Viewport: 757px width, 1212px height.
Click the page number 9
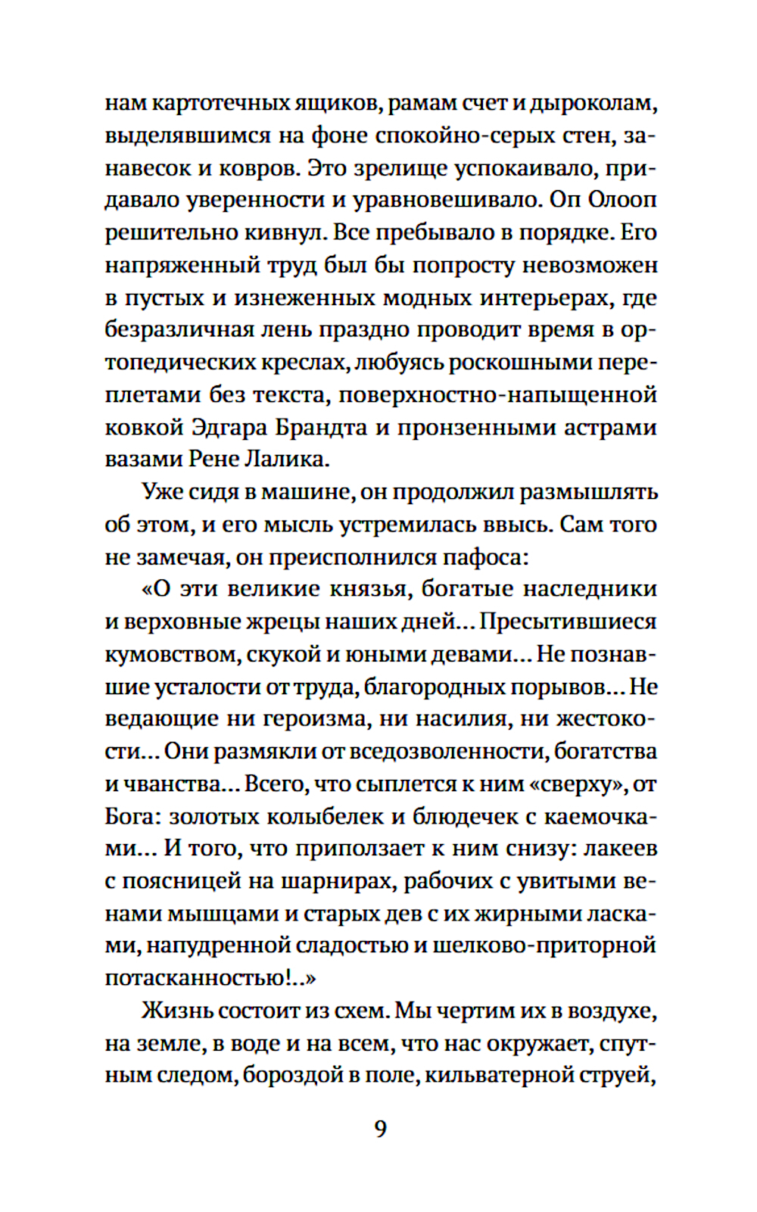[381, 1129]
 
